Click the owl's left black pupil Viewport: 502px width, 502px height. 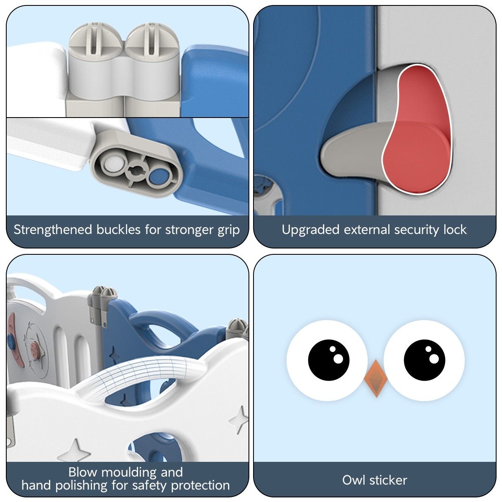click(328, 360)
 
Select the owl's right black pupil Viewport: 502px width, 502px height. click(424, 360)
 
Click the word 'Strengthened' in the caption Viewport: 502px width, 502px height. click(53, 230)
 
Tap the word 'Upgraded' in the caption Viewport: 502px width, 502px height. click(310, 230)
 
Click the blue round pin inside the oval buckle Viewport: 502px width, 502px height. click(159, 176)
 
